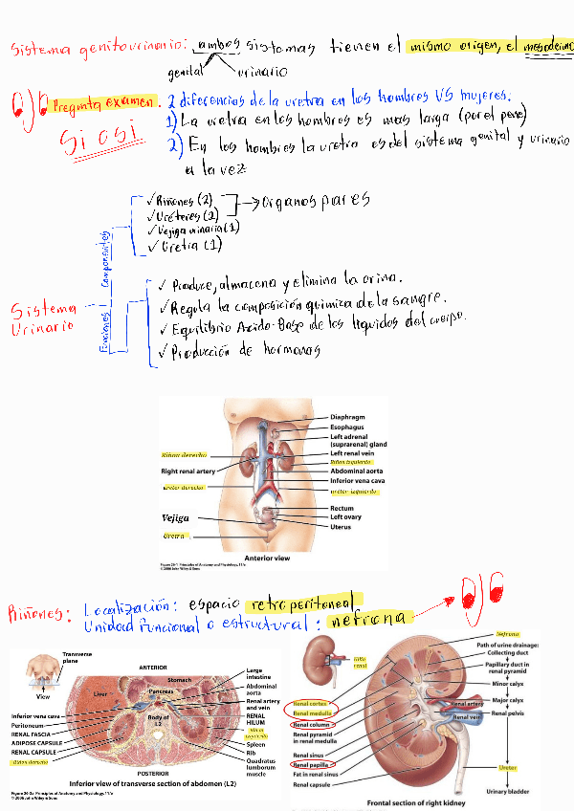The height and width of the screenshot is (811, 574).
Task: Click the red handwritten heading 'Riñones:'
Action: [37, 612]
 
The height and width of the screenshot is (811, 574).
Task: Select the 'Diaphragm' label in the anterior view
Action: [348, 417]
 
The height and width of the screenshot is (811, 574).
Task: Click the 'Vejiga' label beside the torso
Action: [175, 517]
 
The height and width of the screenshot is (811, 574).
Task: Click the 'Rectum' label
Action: [342, 509]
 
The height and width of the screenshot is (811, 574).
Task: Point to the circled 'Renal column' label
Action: [314, 724]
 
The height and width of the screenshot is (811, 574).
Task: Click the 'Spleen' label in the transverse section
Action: [255, 745]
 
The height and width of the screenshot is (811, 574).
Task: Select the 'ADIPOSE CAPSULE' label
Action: [36, 741]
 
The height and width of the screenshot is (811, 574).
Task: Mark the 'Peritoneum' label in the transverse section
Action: [31, 725]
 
